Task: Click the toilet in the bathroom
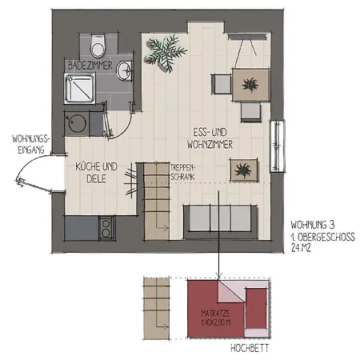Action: click(x=97, y=42)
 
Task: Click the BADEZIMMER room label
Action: click(x=88, y=62)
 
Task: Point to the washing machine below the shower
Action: click(x=78, y=125)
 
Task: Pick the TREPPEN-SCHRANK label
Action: click(x=182, y=172)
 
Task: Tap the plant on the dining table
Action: click(x=250, y=83)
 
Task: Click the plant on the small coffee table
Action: click(x=242, y=169)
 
